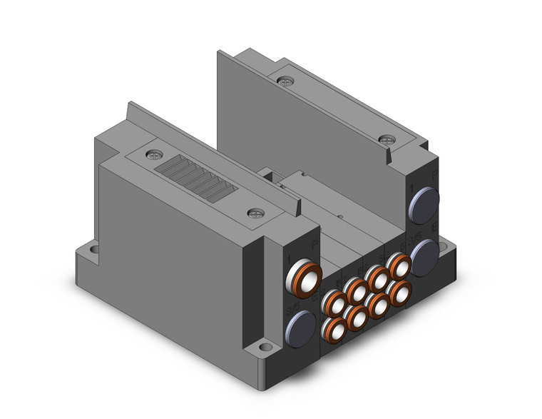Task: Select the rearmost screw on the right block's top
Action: pos(287,82)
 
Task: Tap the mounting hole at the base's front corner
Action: pos(265,348)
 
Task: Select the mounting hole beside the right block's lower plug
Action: pos(448,246)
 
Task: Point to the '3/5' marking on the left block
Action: pos(290,308)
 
